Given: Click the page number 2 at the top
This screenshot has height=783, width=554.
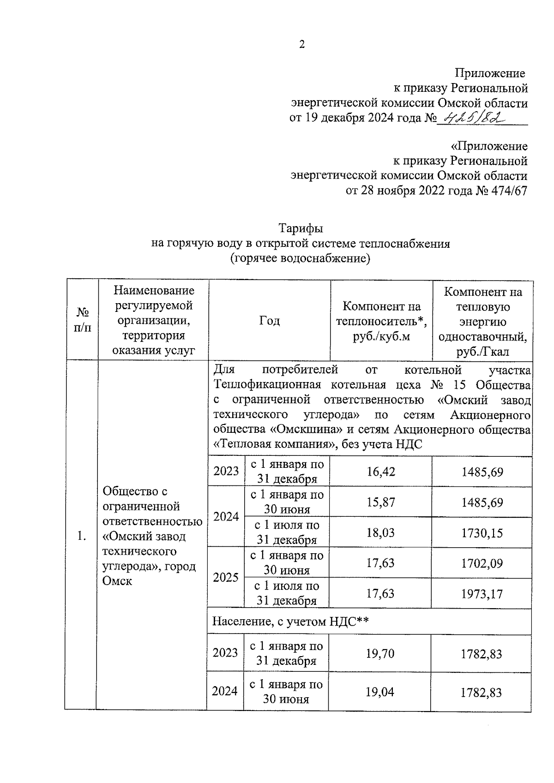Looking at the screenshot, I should click(x=302, y=45).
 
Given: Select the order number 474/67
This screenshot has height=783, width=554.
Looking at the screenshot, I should click(x=507, y=191).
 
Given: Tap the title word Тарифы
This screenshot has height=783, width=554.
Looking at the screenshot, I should click(x=301, y=228).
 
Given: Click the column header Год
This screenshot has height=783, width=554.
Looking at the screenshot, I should click(x=270, y=321).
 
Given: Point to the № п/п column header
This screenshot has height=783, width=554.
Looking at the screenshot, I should click(x=82, y=321).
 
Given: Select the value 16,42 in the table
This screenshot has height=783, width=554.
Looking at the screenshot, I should click(x=381, y=472).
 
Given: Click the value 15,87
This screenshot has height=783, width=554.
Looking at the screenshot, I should click(x=381, y=502).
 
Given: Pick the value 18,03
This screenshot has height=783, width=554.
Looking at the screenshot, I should click(x=381, y=532).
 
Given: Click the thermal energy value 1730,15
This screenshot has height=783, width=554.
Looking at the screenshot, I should click(x=482, y=533).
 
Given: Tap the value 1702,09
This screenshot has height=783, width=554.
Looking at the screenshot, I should click(x=482, y=563).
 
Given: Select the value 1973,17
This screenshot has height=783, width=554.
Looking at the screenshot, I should click(x=482, y=594).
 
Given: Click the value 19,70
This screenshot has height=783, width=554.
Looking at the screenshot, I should click(x=380, y=653).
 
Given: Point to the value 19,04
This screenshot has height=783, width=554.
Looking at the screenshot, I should click(x=380, y=692).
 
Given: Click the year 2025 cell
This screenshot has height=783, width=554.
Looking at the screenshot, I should click(x=226, y=578).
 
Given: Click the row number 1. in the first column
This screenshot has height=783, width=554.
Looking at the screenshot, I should click(x=82, y=536).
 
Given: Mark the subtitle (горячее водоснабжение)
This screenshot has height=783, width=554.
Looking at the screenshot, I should click(x=301, y=258).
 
